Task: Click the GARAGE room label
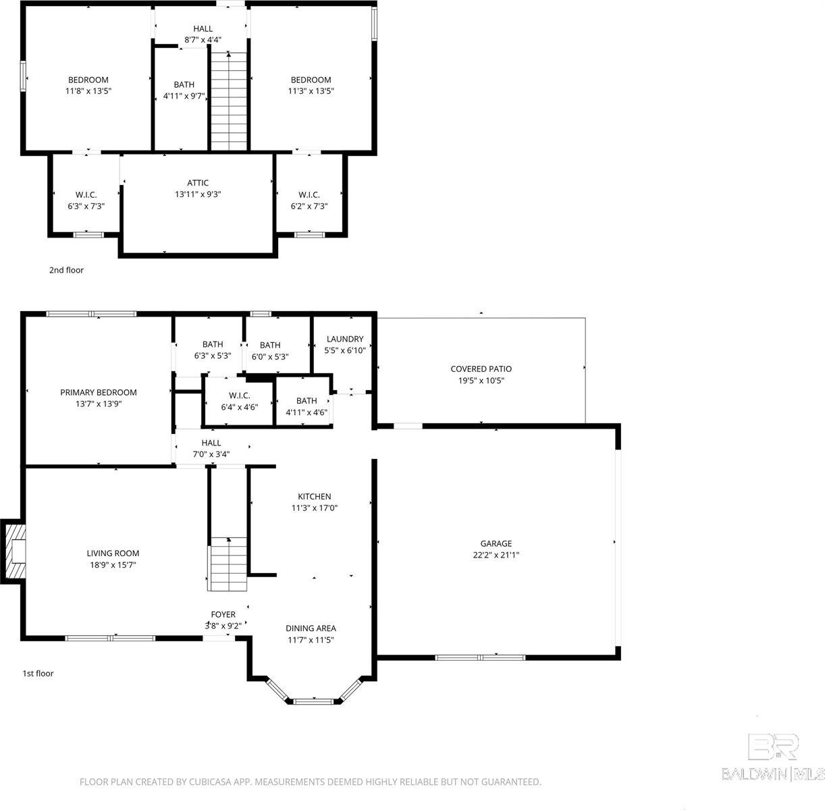click(x=496, y=543)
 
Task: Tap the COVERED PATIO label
click(x=481, y=369)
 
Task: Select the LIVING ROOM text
click(x=112, y=553)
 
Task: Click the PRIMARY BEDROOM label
click(x=99, y=392)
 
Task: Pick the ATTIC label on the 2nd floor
click(x=198, y=183)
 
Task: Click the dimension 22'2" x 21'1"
click(x=496, y=555)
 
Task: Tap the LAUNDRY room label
click(x=345, y=339)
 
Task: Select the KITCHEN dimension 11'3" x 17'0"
click(x=314, y=508)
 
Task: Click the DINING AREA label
click(x=311, y=628)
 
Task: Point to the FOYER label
click(x=223, y=614)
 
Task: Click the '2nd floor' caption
click(x=66, y=270)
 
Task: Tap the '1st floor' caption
click(x=38, y=673)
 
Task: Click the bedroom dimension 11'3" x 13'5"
click(x=311, y=90)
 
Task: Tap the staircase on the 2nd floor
click(x=229, y=101)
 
